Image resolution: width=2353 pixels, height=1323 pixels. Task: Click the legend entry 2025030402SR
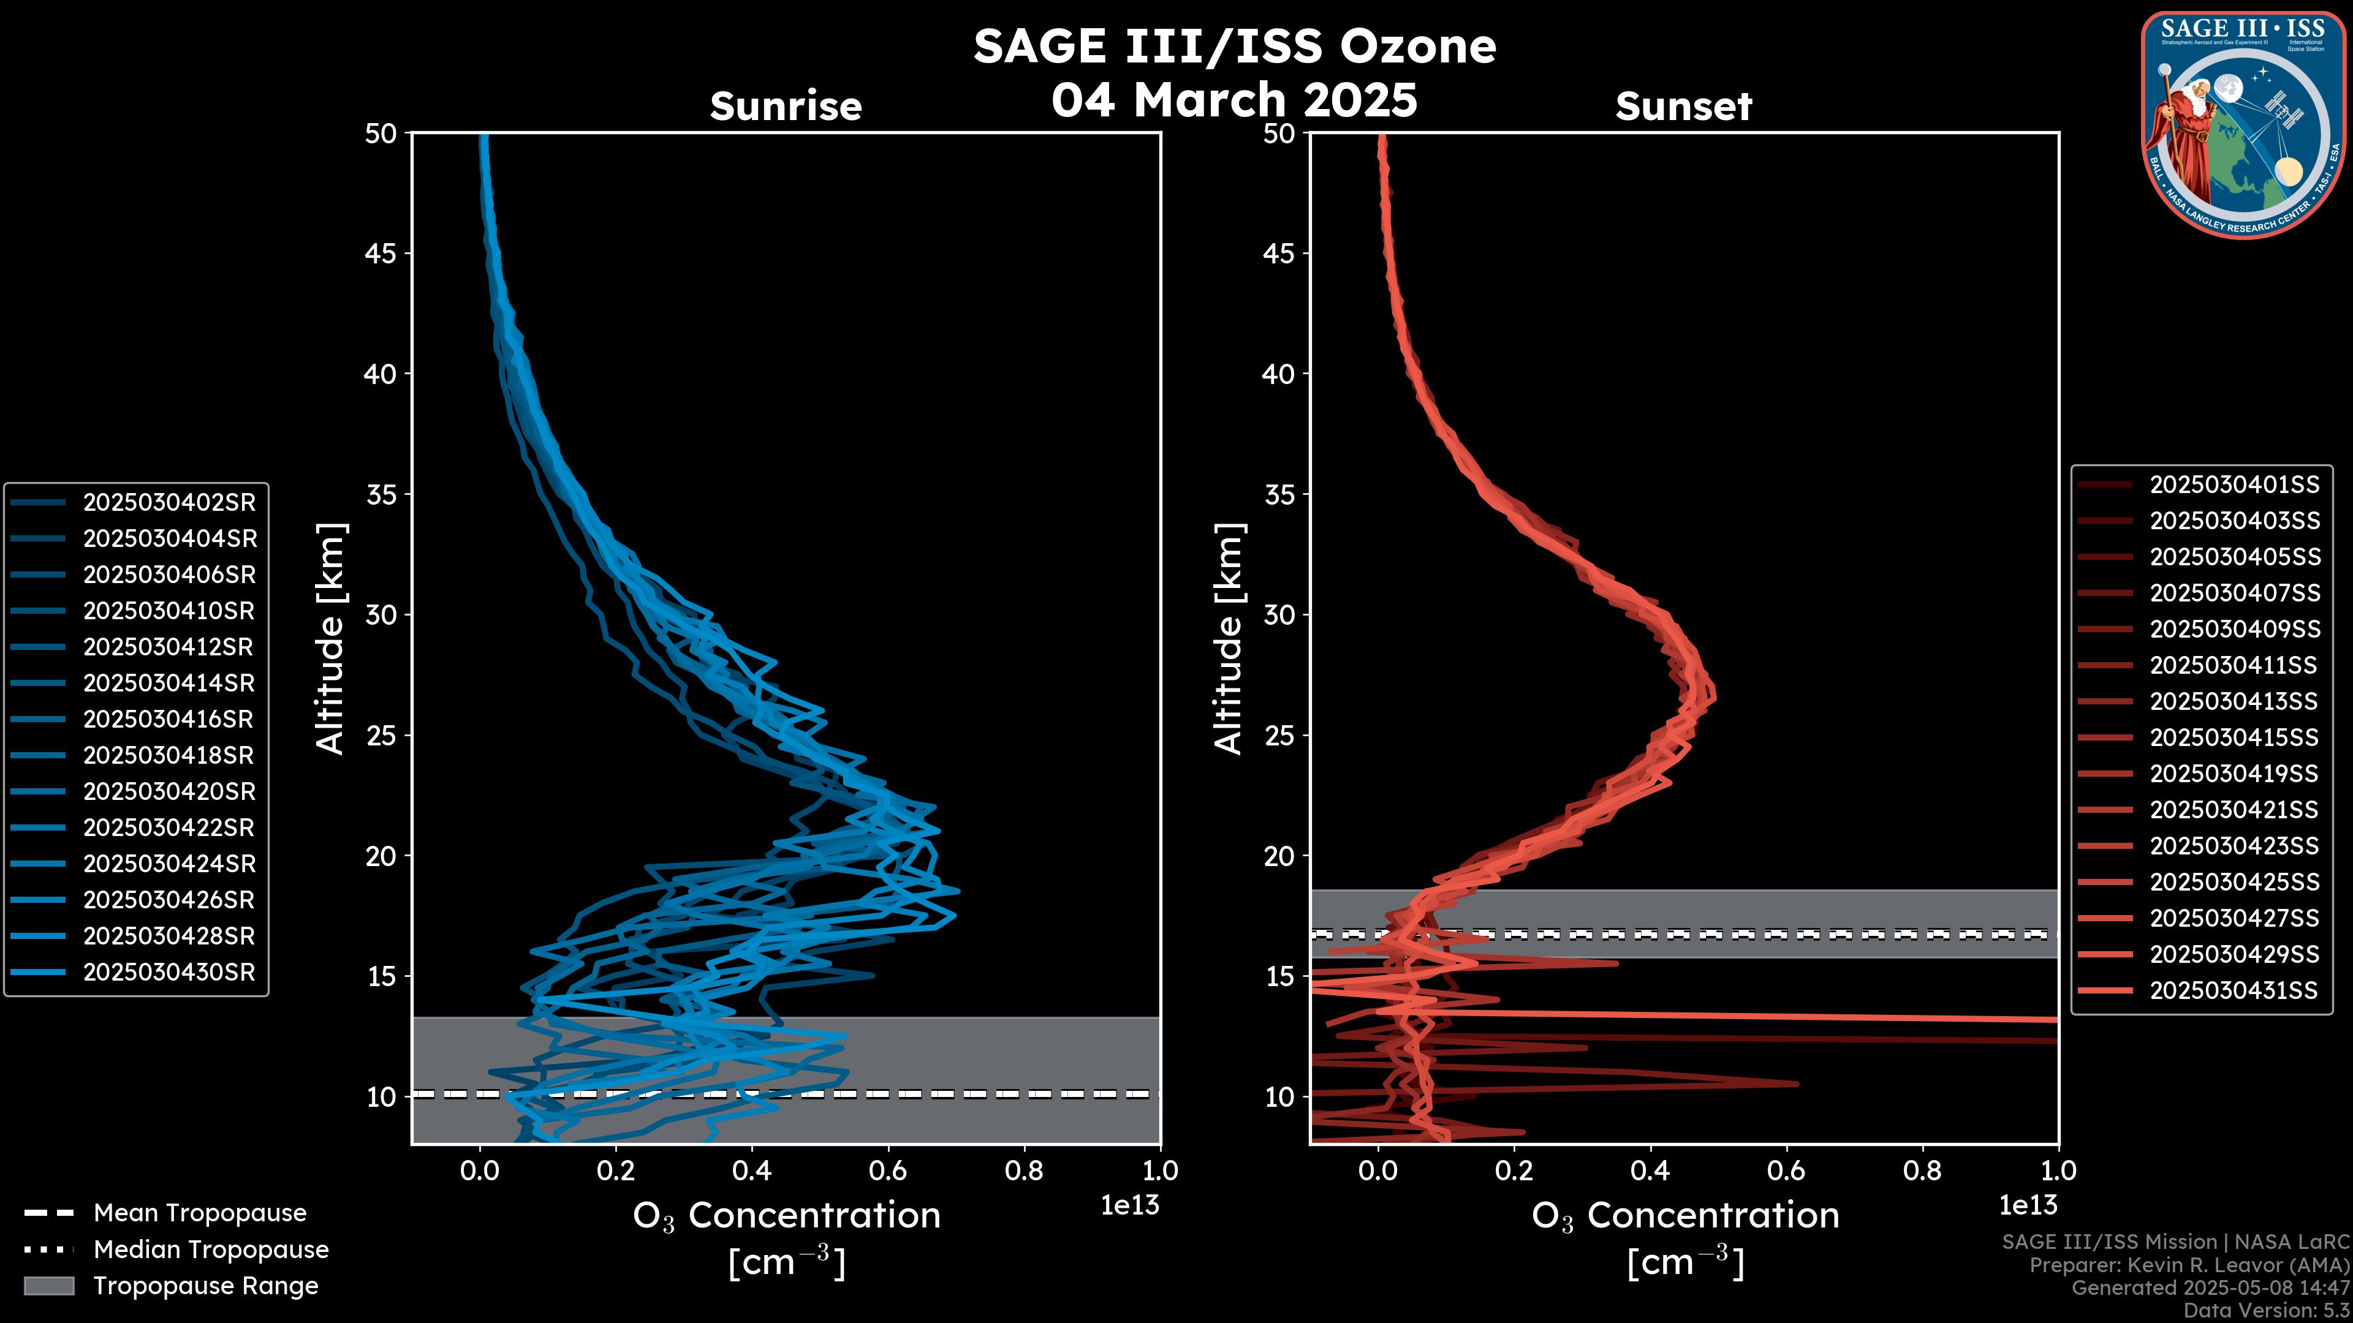pos(169,503)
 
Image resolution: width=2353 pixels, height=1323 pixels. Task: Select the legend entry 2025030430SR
pos(169,973)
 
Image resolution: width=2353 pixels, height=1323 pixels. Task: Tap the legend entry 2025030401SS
pos(2234,485)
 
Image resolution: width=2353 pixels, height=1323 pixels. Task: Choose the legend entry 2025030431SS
pos(2234,990)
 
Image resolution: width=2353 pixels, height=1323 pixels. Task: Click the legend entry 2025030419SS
pos(2234,774)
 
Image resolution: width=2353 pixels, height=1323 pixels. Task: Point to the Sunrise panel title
pos(786,107)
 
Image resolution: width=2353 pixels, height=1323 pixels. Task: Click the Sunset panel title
pos(1683,107)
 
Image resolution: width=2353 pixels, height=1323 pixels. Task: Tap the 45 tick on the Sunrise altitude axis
pos(381,254)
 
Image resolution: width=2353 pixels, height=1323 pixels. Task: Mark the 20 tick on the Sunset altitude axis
pos(1279,856)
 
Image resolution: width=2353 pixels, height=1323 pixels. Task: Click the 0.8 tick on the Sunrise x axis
pos(1024,1170)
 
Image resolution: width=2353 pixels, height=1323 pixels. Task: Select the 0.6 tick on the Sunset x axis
pos(1786,1170)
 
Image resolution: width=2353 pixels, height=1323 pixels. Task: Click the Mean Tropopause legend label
pos(200,1213)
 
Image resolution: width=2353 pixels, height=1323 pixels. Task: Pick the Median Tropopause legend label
pos(211,1250)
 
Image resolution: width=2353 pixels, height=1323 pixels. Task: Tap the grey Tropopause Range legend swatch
pos(48,1286)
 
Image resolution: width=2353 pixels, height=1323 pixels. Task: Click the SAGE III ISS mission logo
pos(2243,125)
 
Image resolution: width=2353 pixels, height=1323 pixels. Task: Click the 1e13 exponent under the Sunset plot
pos(2028,1206)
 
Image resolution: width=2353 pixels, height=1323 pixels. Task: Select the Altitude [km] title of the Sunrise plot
pos(331,638)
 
